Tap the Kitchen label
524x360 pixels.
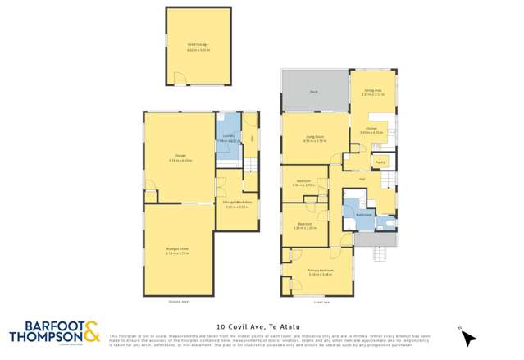pyautogui.click(x=372, y=128)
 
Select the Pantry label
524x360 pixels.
pyautogui.click(x=380, y=162)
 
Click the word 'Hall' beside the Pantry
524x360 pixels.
pyautogui.click(x=362, y=177)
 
